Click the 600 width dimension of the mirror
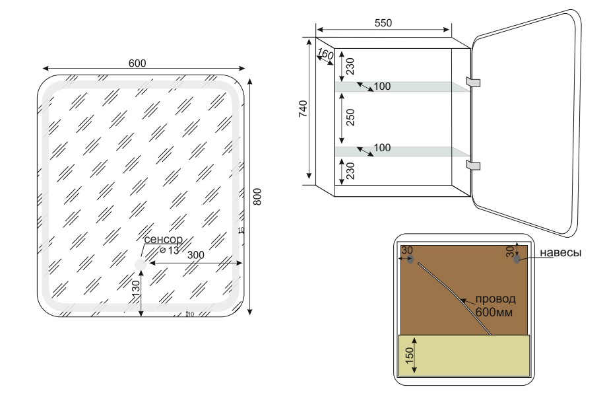pyautogui.click(x=137, y=63)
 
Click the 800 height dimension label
pyautogui.click(x=258, y=196)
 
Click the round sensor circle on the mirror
pyautogui.click(x=140, y=265)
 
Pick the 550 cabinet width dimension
pyautogui.click(x=383, y=23)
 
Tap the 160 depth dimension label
pyautogui.click(x=325, y=54)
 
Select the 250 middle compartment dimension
pyautogui.click(x=350, y=118)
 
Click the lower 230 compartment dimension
pyautogui.click(x=350, y=172)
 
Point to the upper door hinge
pyautogui.click(x=473, y=81)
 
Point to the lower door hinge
pyautogui.click(x=473, y=164)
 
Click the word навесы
pyautogui.click(x=560, y=254)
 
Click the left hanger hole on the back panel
pyautogui.click(x=411, y=260)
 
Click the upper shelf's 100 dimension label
pyautogui.click(x=383, y=87)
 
